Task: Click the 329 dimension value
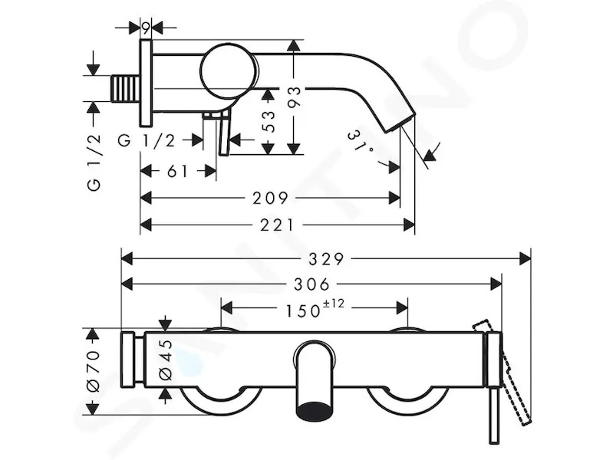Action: (x=326, y=259)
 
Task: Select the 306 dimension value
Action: (x=312, y=284)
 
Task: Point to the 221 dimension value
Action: (x=277, y=225)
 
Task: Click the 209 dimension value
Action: (x=270, y=199)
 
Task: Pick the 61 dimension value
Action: (x=178, y=171)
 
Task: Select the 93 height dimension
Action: (x=294, y=97)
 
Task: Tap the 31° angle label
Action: (x=360, y=141)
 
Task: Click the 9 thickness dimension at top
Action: (x=145, y=28)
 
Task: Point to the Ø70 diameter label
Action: (x=93, y=371)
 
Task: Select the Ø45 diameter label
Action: (x=166, y=360)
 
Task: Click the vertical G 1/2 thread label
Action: (x=94, y=163)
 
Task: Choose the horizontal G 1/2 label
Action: (x=146, y=140)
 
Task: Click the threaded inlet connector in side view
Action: (x=125, y=89)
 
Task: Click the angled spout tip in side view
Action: (x=400, y=121)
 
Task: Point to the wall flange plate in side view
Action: (x=146, y=83)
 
